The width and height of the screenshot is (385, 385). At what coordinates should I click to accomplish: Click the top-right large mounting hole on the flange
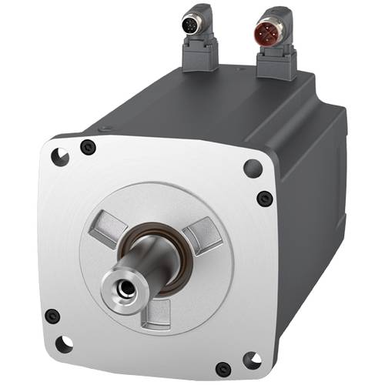[252, 167]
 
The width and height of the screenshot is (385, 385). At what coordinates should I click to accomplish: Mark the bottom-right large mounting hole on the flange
[249, 359]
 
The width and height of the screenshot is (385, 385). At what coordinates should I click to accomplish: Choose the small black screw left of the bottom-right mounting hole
[223, 368]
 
